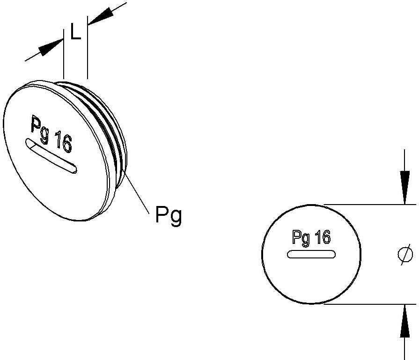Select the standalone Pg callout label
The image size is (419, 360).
(168, 216)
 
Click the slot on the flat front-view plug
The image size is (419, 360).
(311, 254)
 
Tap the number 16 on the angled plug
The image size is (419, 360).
(63, 141)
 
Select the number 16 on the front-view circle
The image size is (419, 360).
(322, 238)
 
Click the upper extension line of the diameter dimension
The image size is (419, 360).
(370, 205)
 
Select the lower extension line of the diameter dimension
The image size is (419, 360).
(370, 304)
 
